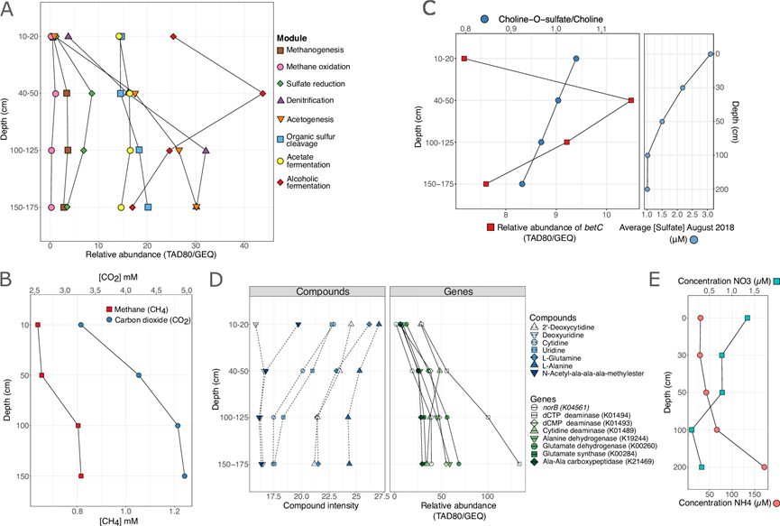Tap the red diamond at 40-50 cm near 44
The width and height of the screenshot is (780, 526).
(x=262, y=93)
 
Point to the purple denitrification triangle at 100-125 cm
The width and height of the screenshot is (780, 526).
(x=206, y=150)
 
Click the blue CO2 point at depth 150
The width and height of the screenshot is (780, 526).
(x=185, y=475)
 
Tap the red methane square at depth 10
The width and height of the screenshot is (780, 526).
(x=38, y=325)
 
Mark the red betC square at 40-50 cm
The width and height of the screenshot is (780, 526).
(x=631, y=100)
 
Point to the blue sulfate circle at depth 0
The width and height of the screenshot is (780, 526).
(x=711, y=54)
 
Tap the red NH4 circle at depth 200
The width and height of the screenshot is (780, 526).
(x=765, y=466)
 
